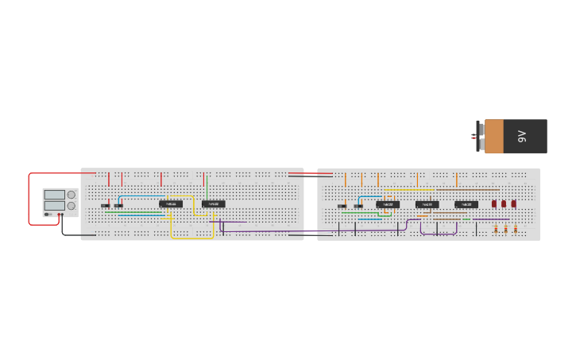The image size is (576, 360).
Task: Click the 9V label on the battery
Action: [x=522, y=136]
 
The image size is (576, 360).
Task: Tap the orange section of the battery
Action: [x=494, y=136]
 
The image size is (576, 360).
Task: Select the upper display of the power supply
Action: [x=55, y=195]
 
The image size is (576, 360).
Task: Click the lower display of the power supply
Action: [x=55, y=205]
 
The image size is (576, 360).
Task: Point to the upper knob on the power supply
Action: [x=72, y=195]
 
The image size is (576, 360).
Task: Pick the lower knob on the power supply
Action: [x=72, y=206]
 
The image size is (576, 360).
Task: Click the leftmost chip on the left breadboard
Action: [x=171, y=203]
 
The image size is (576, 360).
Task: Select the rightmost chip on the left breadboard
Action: [x=213, y=203]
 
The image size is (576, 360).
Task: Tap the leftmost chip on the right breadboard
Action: [x=388, y=204]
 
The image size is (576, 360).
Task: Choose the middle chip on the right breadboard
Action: [x=427, y=204]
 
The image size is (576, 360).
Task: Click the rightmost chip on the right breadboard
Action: [x=466, y=204]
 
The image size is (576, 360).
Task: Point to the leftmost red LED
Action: [x=494, y=203]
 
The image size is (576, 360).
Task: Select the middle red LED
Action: [x=504, y=203]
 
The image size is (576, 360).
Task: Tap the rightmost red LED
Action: [x=513, y=203]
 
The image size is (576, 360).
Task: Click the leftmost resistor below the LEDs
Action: [x=496, y=230]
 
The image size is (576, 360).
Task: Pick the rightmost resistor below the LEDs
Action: [x=515, y=230]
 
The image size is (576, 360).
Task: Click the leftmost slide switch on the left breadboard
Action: [x=105, y=206]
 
